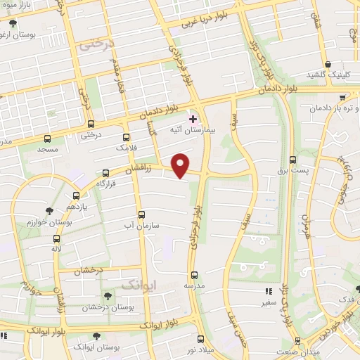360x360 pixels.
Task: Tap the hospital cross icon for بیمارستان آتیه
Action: point(194,119)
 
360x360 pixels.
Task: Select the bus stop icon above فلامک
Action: point(127,138)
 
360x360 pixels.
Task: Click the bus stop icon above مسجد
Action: point(47,139)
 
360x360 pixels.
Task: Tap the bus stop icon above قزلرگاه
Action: point(106,172)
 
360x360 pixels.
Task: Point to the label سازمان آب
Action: point(142,225)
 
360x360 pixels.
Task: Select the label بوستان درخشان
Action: point(107,307)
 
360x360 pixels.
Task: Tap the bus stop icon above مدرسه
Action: point(194,275)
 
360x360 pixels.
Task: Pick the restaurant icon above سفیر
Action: point(267,290)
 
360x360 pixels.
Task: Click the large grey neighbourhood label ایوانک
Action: point(137,285)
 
